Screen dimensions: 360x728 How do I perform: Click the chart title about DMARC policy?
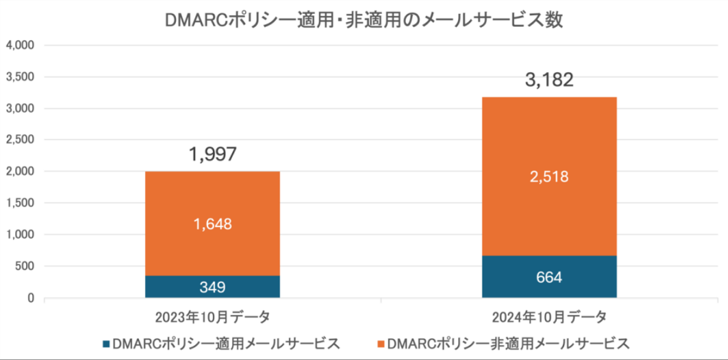click(x=364, y=20)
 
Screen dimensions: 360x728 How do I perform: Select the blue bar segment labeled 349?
click(x=212, y=287)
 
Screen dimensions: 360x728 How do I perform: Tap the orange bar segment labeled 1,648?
click(x=212, y=224)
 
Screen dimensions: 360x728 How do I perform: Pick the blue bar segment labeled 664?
click(x=549, y=277)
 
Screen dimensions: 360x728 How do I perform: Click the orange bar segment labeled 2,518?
click(x=549, y=177)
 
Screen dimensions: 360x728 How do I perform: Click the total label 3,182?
click(x=549, y=80)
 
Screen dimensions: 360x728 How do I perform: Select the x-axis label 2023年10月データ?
click(x=212, y=318)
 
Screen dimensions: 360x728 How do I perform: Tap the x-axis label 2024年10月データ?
click(x=549, y=318)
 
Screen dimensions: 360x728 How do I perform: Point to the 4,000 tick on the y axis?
click(x=20, y=46)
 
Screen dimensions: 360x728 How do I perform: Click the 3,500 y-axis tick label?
click(x=20, y=77)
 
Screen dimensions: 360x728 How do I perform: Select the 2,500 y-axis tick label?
click(x=20, y=140)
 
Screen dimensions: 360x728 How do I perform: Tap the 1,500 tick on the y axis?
click(x=20, y=203)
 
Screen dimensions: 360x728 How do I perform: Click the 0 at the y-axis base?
click(x=30, y=298)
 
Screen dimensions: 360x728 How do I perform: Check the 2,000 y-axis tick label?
click(x=20, y=172)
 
